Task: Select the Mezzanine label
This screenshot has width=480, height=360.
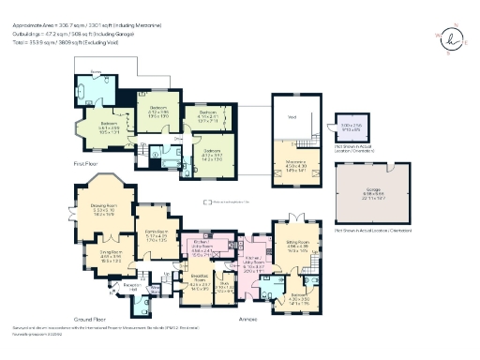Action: tap(296, 167)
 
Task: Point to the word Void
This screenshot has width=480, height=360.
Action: tap(292, 117)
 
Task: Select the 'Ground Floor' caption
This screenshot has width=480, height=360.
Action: tap(89, 317)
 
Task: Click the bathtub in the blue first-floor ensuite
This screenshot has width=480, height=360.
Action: tap(97, 97)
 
